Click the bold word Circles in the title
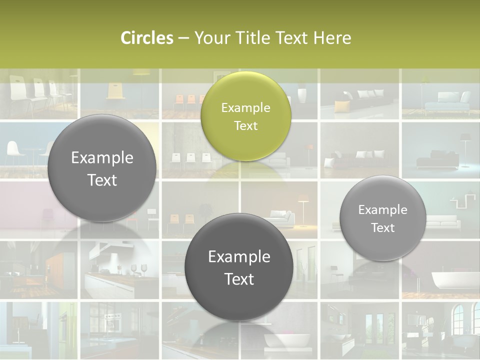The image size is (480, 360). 147,38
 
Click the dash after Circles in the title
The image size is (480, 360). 183,38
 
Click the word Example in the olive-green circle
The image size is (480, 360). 245,107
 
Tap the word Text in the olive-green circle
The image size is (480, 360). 245,125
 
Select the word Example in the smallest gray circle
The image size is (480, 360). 382,209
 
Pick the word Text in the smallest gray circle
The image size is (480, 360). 382,227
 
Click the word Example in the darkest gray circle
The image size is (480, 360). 239,256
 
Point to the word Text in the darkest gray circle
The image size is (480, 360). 239,278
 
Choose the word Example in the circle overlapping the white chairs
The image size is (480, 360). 102,157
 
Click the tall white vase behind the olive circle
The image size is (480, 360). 301,95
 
